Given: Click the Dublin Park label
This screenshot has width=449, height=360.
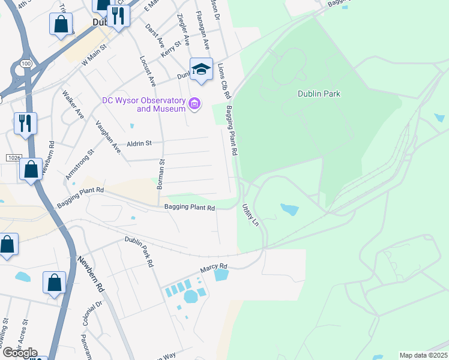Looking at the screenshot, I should click(x=319, y=94).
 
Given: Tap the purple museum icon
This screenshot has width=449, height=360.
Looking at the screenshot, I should click(x=194, y=104).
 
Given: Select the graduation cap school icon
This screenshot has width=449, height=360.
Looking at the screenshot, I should click(x=202, y=69).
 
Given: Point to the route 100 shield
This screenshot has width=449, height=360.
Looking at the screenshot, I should click(x=26, y=62).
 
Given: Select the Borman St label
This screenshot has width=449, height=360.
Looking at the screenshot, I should click(x=161, y=175).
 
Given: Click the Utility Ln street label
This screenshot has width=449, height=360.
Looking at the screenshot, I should click(x=250, y=215).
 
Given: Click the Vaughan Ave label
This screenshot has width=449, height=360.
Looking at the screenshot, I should click(x=109, y=137).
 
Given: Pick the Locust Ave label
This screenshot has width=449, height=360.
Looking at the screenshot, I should click(x=147, y=71).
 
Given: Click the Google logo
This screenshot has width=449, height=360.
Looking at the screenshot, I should click(x=19, y=353).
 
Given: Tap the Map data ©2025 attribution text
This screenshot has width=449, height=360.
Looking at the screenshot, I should click(x=423, y=355).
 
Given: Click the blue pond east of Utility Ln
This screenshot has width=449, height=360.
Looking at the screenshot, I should click(x=289, y=209).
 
